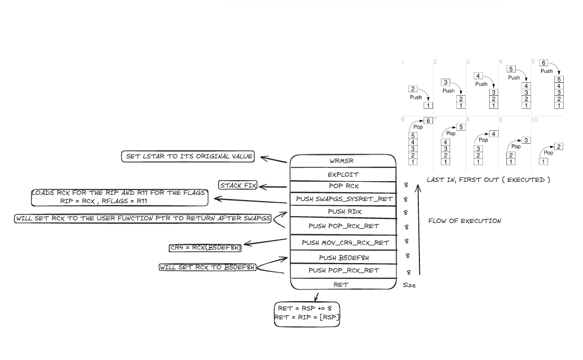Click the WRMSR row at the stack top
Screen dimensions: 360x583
343,161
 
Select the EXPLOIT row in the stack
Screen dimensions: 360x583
343,175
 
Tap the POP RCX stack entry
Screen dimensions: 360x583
343,187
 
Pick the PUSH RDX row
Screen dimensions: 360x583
343,212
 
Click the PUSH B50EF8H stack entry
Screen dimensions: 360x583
343,257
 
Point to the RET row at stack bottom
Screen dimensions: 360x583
343,284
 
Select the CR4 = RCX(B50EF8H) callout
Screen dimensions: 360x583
205,248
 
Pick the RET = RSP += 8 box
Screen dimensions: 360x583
307,314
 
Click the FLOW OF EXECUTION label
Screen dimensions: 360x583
465,221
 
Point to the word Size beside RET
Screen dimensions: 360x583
409,285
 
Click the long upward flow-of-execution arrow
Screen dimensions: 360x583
418,229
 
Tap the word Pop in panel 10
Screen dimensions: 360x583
548,153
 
